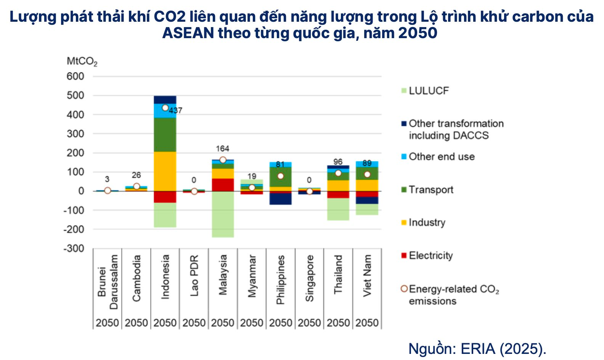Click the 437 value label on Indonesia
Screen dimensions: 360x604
pyautogui.click(x=176, y=111)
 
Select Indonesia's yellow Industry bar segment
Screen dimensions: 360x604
pyautogui.click(x=165, y=171)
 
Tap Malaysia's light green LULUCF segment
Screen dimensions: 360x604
pyautogui.click(x=223, y=214)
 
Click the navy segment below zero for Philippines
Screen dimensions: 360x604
pyautogui.click(x=281, y=199)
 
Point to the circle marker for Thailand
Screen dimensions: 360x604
pyautogui.click(x=338, y=173)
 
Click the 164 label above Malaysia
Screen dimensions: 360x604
pyautogui.click(x=223, y=149)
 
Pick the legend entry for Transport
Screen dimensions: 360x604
pyautogui.click(x=431, y=190)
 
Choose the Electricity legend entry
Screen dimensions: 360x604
pyautogui.click(x=431, y=256)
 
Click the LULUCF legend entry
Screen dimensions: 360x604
pyautogui.click(x=429, y=91)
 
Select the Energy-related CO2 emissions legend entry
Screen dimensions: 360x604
pyautogui.click(x=453, y=295)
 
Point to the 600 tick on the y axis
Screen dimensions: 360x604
pyautogui.click(x=75, y=77)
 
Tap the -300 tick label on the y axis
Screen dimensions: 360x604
pyautogui.click(x=74, y=249)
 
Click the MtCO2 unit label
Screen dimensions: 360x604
pyautogui.click(x=82, y=61)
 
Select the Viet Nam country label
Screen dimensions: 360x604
pyautogui.click(x=367, y=275)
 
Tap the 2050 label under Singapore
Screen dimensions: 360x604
pyautogui.click(x=309, y=323)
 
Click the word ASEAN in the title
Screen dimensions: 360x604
pyautogui.click(x=188, y=33)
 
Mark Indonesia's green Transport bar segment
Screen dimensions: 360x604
pyautogui.click(x=165, y=135)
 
